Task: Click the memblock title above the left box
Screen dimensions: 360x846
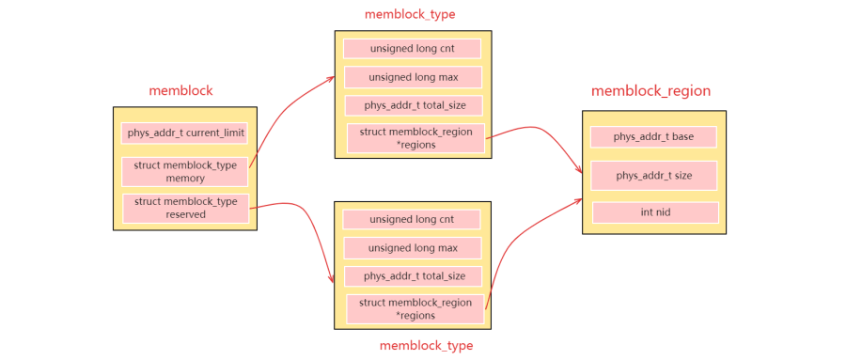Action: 180,91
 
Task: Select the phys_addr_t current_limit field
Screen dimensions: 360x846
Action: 185,133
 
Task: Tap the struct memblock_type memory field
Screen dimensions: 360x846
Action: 185,171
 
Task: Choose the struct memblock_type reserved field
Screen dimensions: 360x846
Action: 185,208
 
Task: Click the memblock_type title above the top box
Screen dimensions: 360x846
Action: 410,14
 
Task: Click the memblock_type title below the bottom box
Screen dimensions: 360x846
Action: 426,345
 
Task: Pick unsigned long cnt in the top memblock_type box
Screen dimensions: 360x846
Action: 412,49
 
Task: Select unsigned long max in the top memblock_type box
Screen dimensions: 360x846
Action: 413,77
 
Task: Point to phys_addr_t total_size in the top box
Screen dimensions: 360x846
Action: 413,105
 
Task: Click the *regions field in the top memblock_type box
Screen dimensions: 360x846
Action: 415,138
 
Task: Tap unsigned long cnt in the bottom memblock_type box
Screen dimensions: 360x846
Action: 412,219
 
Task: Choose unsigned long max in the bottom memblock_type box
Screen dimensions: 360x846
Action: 413,248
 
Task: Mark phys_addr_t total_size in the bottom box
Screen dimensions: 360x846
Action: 413,276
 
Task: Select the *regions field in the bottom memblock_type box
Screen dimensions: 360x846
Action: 415,309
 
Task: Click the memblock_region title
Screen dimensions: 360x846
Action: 650,91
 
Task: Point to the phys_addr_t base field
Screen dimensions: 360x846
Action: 653,137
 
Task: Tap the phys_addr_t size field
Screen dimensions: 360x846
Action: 653,175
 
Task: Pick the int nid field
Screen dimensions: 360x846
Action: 654,212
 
